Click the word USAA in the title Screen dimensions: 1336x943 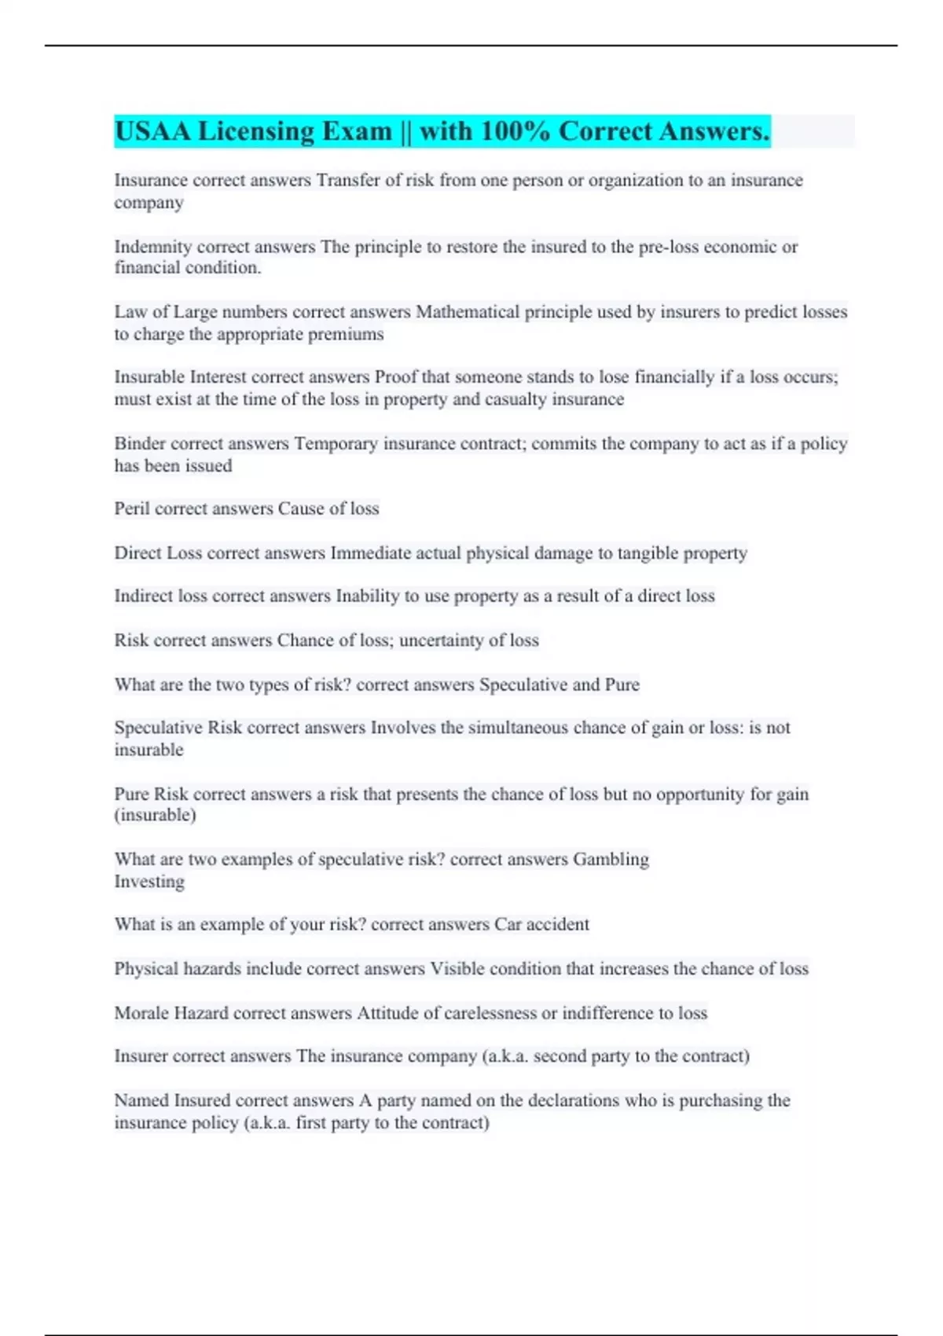point(152,131)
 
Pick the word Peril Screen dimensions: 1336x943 point(132,508)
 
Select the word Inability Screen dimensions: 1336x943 point(367,596)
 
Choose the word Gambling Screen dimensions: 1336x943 point(611,859)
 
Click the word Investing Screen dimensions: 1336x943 point(149,881)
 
